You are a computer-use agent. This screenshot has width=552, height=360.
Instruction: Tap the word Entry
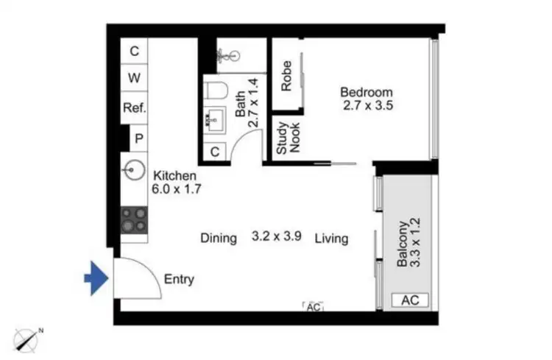tap(179, 279)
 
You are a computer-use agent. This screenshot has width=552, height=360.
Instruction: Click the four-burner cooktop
tap(135, 219)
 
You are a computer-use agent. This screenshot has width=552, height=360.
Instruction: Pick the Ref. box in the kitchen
tap(135, 107)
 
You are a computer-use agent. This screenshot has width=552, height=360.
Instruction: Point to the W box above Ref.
tap(135, 78)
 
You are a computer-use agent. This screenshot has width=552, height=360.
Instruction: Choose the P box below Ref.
tap(138, 137)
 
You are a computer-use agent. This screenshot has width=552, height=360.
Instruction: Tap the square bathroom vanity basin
tap(214, 119)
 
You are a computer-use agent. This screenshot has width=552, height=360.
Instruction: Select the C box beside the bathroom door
tap(215, 152)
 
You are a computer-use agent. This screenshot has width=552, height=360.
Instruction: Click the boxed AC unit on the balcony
tap(409, 300)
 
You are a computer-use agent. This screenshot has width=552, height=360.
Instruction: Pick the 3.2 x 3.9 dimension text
tap(276, 238)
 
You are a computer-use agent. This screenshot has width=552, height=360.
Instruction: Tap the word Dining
tap(219, 238)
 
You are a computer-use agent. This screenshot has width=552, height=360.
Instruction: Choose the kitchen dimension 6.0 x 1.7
tap(177, 188)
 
